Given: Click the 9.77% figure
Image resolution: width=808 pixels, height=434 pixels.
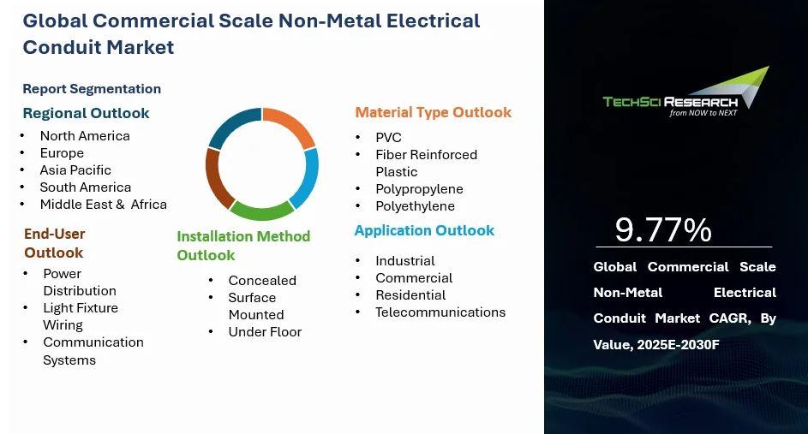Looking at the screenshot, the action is [663, 229].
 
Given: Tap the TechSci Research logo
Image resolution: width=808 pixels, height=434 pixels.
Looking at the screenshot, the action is [685, 92].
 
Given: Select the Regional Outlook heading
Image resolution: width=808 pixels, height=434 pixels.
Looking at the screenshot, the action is [86, 113].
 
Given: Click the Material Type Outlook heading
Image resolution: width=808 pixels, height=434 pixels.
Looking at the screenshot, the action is [434, 113].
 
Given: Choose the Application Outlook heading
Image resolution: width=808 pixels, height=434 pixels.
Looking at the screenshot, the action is [424, 230].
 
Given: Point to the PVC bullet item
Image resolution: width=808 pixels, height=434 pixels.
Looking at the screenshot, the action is [388, 138].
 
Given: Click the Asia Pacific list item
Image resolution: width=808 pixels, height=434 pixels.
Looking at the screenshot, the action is [75, 169].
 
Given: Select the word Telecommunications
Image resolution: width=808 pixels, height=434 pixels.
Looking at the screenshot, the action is [440, 312].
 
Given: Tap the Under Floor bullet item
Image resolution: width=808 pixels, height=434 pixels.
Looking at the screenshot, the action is [265, 332].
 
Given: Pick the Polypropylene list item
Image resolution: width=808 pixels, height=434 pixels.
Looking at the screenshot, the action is [420, 189].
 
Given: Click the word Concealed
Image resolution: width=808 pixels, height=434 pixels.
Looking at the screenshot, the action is [262, 281].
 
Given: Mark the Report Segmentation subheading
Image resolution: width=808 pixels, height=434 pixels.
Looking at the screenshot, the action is [92, 89].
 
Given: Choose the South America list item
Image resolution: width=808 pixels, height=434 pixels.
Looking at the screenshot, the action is [86, 187].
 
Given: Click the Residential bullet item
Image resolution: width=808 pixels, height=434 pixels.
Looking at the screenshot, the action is [410, 295].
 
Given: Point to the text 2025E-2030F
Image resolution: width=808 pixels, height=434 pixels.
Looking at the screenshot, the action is [678, 344].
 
